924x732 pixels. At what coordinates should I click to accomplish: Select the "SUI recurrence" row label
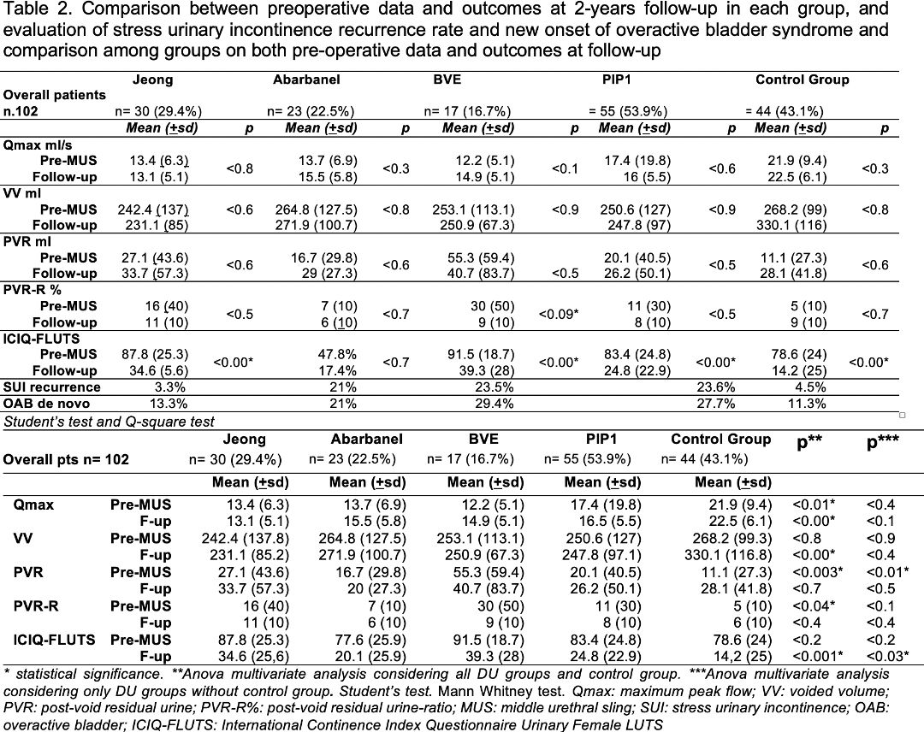tap(52, 387)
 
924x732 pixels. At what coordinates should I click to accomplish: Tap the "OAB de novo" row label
tap(46, 404)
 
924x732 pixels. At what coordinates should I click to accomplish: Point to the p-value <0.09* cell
tap(558, 314)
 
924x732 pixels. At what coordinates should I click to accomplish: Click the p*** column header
tap(883, 441)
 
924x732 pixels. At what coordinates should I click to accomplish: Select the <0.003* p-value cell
tap(817, 572)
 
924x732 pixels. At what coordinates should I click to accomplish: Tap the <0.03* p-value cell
tap(887, 656)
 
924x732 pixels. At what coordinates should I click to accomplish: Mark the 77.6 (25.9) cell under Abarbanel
tap(368, 640)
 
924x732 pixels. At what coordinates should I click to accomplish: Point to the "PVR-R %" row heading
tap(32, 290)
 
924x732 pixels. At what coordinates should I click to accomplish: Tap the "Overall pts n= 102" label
tap(66, 460)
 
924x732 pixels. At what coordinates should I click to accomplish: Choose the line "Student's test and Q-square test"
tap(109, 422)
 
